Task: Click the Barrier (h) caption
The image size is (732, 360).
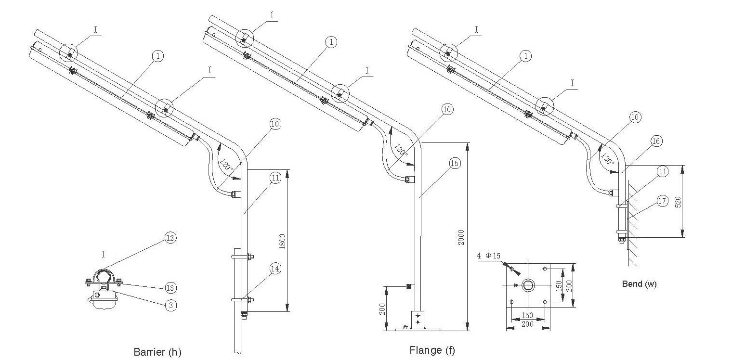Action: [157, 352]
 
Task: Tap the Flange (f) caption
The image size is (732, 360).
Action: [432, 350]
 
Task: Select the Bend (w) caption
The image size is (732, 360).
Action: [639, 284]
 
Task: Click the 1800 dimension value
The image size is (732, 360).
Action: [282, 240]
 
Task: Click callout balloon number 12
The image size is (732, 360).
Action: [170, 238]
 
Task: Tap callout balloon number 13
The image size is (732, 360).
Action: [170, 288]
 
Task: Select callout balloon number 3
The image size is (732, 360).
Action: [170, 305]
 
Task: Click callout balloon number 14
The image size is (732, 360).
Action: [275, 269]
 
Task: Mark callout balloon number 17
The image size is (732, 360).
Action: [663, 201]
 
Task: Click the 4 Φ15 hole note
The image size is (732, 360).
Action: [488, 256]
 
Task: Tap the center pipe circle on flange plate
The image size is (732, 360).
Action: [528, 285]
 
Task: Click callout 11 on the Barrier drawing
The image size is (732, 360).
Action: [275, 178]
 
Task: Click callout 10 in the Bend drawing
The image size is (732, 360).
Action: [636, 117]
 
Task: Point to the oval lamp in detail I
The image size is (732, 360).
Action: [103, 302]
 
